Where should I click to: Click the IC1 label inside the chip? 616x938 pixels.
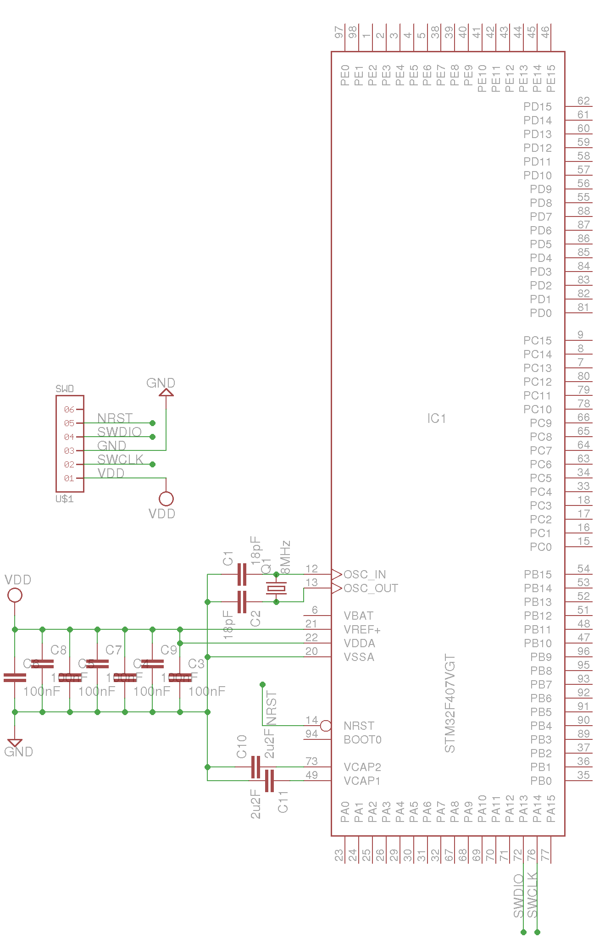(436, 418)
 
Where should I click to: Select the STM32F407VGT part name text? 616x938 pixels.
(450, 704)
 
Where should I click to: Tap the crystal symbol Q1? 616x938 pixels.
(276, 588)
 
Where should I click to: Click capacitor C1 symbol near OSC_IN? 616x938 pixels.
(242, 574)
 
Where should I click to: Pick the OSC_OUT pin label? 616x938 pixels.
(371, 588)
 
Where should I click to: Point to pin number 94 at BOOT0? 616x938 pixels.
(311, 734)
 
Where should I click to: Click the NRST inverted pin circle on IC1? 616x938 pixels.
(326, 726)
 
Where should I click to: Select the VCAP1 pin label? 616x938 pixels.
(362, 781)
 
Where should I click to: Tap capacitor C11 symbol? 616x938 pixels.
(269, 781)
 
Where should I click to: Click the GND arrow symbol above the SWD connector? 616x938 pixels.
(166, 393)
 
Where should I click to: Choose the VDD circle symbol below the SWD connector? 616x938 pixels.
(166, 499)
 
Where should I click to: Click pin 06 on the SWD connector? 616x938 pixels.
(69, 409)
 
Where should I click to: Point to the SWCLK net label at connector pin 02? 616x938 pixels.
(120, 459)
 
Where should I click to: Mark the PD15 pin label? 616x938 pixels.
(537, 106)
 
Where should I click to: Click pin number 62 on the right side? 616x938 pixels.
(583, 101)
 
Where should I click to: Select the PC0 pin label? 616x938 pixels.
(540, 547)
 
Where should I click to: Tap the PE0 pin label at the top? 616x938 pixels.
(345, 75)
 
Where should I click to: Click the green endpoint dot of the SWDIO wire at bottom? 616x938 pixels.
(523, 932)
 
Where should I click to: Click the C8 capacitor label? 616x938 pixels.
(58, 650)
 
